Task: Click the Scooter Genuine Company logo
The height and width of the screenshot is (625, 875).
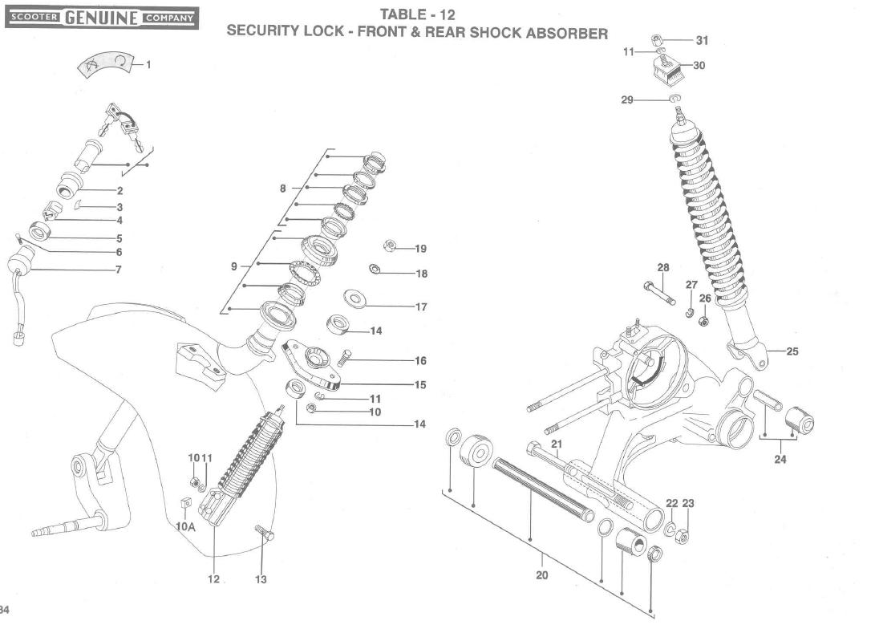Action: tap(102, 17)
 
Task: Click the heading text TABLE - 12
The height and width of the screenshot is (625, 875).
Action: tap(417, 14)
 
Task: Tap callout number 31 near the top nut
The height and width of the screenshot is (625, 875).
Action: tap(702, 40)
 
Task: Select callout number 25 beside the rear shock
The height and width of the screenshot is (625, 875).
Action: tap(792, 351)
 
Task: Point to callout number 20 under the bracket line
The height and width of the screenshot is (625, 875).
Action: tap(542, 575)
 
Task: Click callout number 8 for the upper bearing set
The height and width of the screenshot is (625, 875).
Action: tap(282, 189)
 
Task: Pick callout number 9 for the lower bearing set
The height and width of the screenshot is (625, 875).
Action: tap(234, 266)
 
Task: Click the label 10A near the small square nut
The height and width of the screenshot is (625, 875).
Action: tap(185, 527)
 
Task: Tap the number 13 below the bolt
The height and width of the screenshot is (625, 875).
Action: tap(261, 579)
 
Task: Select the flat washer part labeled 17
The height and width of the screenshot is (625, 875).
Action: tap(354, 299)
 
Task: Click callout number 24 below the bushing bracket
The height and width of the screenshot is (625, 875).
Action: tap(780, 460)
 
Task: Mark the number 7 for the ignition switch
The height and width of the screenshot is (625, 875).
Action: tap(118, 269)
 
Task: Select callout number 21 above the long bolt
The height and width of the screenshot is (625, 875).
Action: tap(557, 444)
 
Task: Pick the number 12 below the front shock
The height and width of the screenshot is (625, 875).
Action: tap(213, 579)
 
